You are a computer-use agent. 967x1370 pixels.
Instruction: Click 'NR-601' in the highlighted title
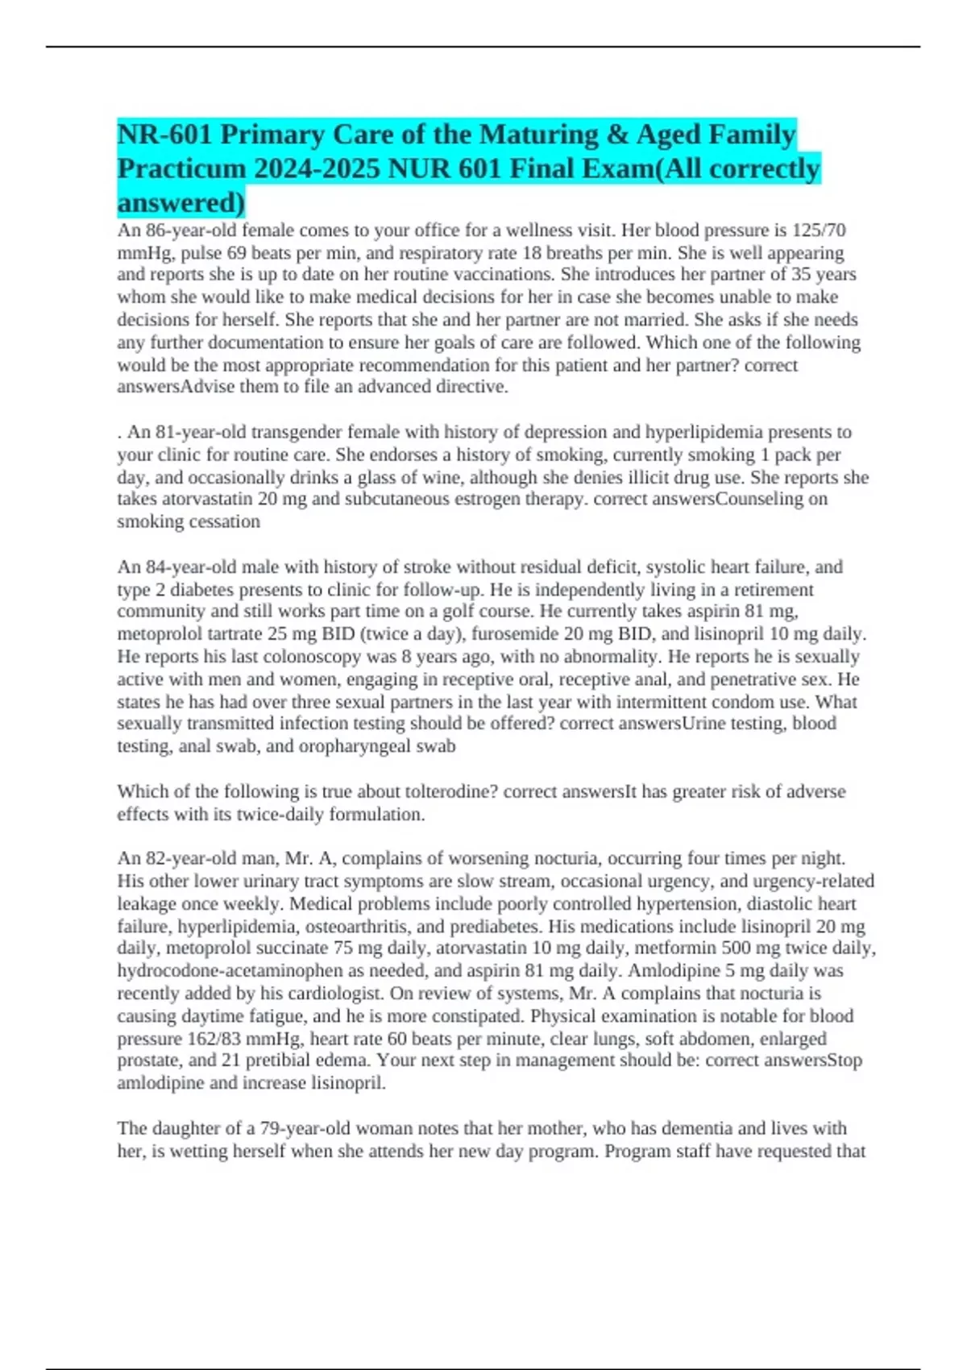165,135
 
